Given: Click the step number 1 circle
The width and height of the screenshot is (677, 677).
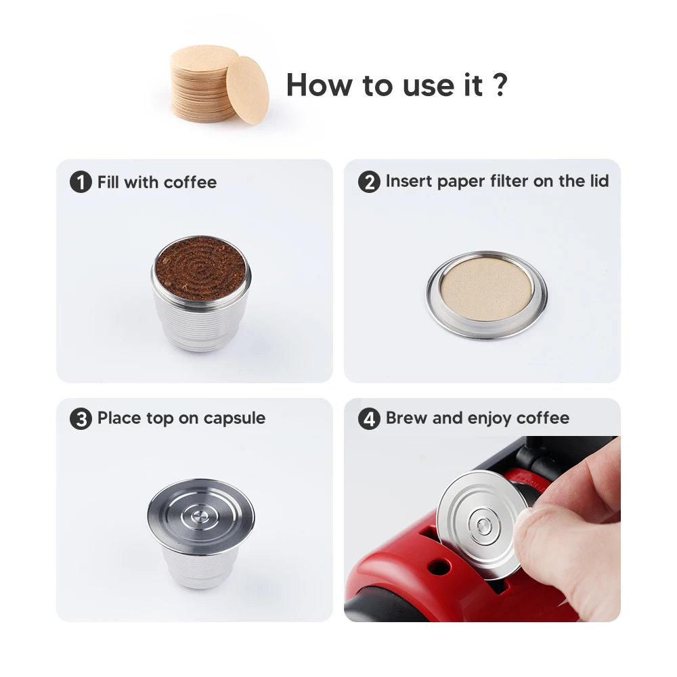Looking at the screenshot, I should tap(81, 183).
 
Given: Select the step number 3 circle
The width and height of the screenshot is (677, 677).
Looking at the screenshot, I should tap(81, 419).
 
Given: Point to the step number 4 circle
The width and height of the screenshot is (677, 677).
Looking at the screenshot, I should tap(369, 419).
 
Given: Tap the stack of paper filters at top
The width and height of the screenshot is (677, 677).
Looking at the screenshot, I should tap(203, 85).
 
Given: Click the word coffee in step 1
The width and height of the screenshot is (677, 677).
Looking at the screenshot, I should tap(190, 182).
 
